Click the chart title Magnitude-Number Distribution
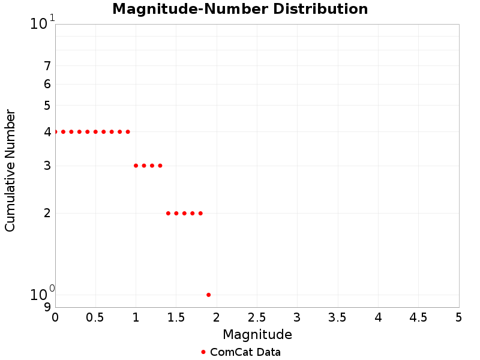(240, 9)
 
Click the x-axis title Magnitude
(257, 334)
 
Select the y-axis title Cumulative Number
(10, 170)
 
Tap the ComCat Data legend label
(245, 352)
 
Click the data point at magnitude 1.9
(208, 295)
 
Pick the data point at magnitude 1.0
(136, 166)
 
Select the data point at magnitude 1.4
(168, 213)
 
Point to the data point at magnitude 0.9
(128, 131)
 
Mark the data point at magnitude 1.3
(160, 166)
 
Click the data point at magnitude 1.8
(200, 213)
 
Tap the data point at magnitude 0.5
(95, 131)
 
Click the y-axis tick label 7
(47, 66)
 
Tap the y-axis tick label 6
(47, 84)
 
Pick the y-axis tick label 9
(47, 307)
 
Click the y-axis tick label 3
(47, 166)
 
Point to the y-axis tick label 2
(47, 213)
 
